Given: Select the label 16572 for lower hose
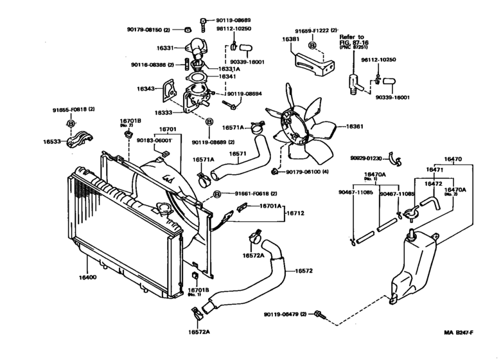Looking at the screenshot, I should tap(304, 271).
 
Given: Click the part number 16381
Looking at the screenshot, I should tap(291, 39).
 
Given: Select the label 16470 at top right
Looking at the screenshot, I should tap(453, 159).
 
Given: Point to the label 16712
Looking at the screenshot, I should tap(295, 213).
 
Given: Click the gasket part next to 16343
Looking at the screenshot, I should tap(170, 90).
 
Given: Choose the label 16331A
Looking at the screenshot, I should tap(228, 68).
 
